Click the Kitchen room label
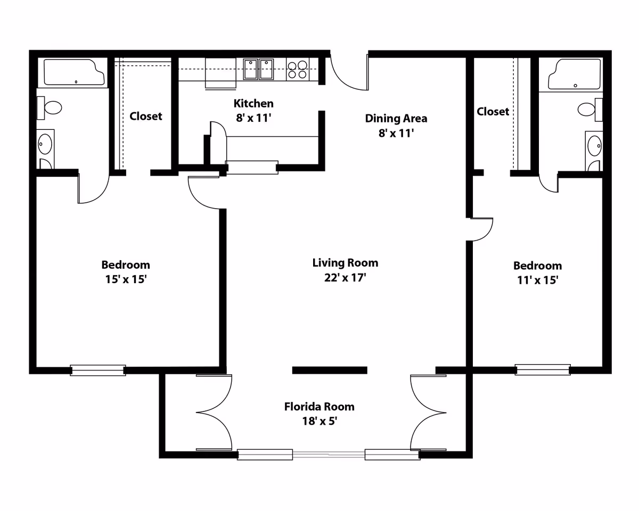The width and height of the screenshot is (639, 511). coord(253,104)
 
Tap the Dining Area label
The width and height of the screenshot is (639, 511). coord(396,119)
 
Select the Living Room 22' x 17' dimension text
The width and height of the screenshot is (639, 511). coord(345,278)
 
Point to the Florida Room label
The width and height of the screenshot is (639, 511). coord(319,407)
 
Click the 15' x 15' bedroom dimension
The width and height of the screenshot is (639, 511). coord(126,279)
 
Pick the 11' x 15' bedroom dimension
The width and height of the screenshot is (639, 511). coord(538,281)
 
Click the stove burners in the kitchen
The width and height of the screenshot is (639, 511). coord(298,70)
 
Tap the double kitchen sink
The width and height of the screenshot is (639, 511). coord(258,70)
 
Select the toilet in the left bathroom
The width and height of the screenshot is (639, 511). coord(50,108)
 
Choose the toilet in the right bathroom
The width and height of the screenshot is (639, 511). coord(590,109)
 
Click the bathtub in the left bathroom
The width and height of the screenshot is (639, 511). coord(74,72)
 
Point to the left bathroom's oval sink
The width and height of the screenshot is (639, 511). coord(45,144)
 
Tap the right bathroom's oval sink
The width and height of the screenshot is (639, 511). coord(595,146)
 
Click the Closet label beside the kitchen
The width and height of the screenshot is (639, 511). coord(146,116)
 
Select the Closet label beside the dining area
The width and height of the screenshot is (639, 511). coord(493,112)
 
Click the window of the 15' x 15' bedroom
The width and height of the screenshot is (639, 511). coord(98,370)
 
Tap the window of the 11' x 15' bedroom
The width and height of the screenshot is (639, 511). coord(543,369)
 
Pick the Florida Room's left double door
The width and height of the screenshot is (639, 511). coord(214,413)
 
